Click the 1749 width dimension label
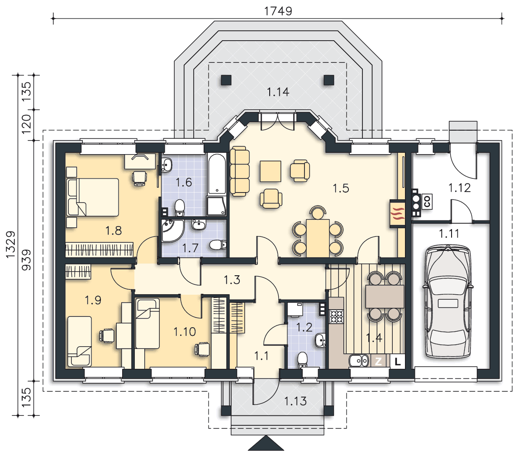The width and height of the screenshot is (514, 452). (278, 11)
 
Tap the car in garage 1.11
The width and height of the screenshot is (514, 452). (448, 301)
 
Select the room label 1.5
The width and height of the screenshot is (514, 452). (341, 188)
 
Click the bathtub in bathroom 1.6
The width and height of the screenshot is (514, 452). (217, 174)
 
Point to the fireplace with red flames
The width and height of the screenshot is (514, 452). (398, 213)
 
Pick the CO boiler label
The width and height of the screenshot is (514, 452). (427, 201)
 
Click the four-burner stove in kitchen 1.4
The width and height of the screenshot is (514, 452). (336, 316)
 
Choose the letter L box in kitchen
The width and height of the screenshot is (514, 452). (397, 362)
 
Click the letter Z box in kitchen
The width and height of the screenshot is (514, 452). (378, 362)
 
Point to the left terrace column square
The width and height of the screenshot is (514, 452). (226, 80)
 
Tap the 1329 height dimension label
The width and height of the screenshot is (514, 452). (11, 245)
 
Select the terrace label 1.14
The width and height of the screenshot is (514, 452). (278, 92)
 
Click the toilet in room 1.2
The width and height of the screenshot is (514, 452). (302, 360)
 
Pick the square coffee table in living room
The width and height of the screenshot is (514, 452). (271, 171)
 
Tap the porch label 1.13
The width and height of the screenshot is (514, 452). (295, 401)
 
